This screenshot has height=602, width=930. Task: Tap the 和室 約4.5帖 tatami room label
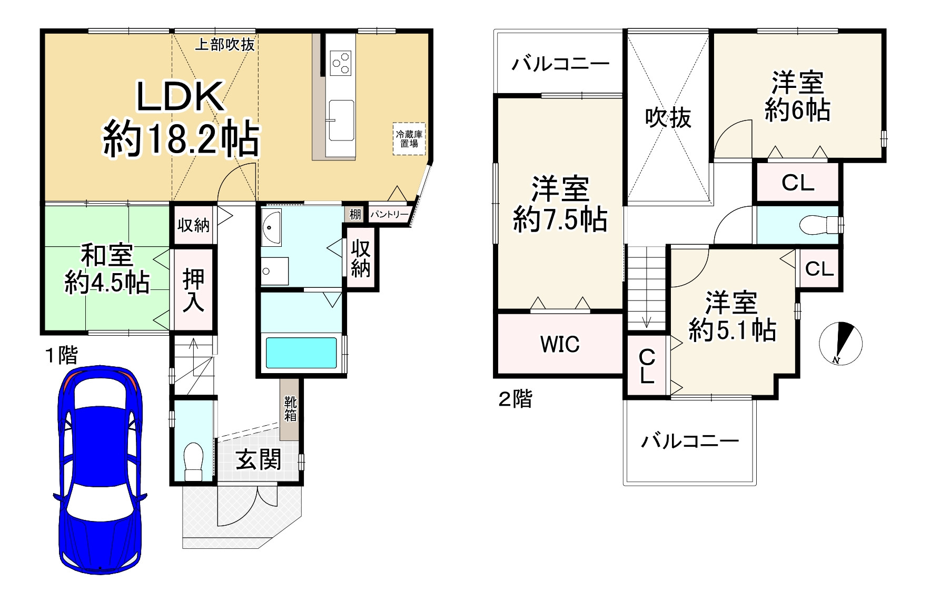(x=107, y=269)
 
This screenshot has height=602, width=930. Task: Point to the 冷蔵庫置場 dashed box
(x=409, y=138)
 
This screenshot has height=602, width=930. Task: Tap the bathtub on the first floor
(x=301, y=353)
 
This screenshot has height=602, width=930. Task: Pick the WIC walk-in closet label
(x=560, y=344)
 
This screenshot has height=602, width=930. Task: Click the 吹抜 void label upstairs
(x=668, y=118)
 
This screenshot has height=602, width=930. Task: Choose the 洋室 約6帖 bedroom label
(x=797, y=96)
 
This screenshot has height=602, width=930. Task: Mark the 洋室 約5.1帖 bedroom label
(x=732, y=316)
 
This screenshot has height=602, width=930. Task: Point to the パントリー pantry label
(x=389, y=215)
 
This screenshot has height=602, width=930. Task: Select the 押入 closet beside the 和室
(x=193, y=289)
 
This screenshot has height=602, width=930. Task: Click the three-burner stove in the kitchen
(x=340, y=62)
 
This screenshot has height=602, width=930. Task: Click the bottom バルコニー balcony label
(x=689, y=440)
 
